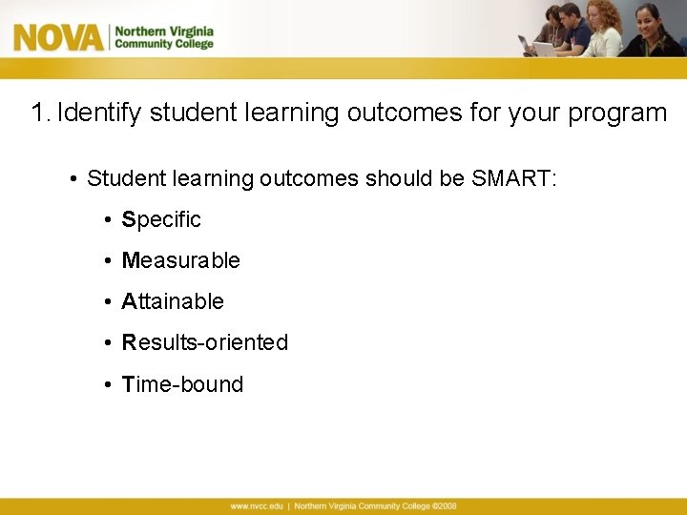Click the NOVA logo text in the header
[x=58, y=37]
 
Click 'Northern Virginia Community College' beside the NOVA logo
[x=163, y=37]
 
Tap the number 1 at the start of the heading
[x=38, y=113]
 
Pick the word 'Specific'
[x=161, y=219]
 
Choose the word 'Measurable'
[x=180, y=260]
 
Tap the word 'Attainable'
[x=173, y=301]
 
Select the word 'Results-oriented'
[x=204, y=342]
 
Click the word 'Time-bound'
[x=182, y=384]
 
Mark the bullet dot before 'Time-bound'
[x=109, y=385]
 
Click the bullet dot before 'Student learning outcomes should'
[x=73, y=179]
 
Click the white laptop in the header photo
[x=546, y=49]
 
